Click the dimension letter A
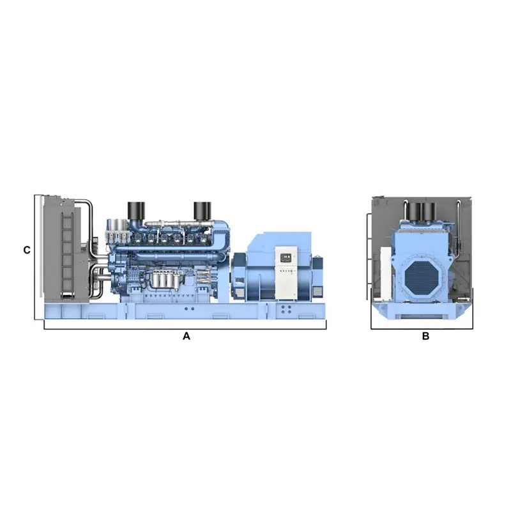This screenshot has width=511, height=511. [x=187, y=336]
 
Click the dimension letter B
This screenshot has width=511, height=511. [x=425, y=336]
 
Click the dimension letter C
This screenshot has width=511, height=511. [x=26, y=250]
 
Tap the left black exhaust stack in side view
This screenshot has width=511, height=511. [x=137, y=210]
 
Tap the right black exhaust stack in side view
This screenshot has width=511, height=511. [x=202, y=210]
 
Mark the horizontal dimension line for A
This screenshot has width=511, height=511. [x=185, y=329]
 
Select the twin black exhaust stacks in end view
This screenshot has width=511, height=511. [x=419, y=210]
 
